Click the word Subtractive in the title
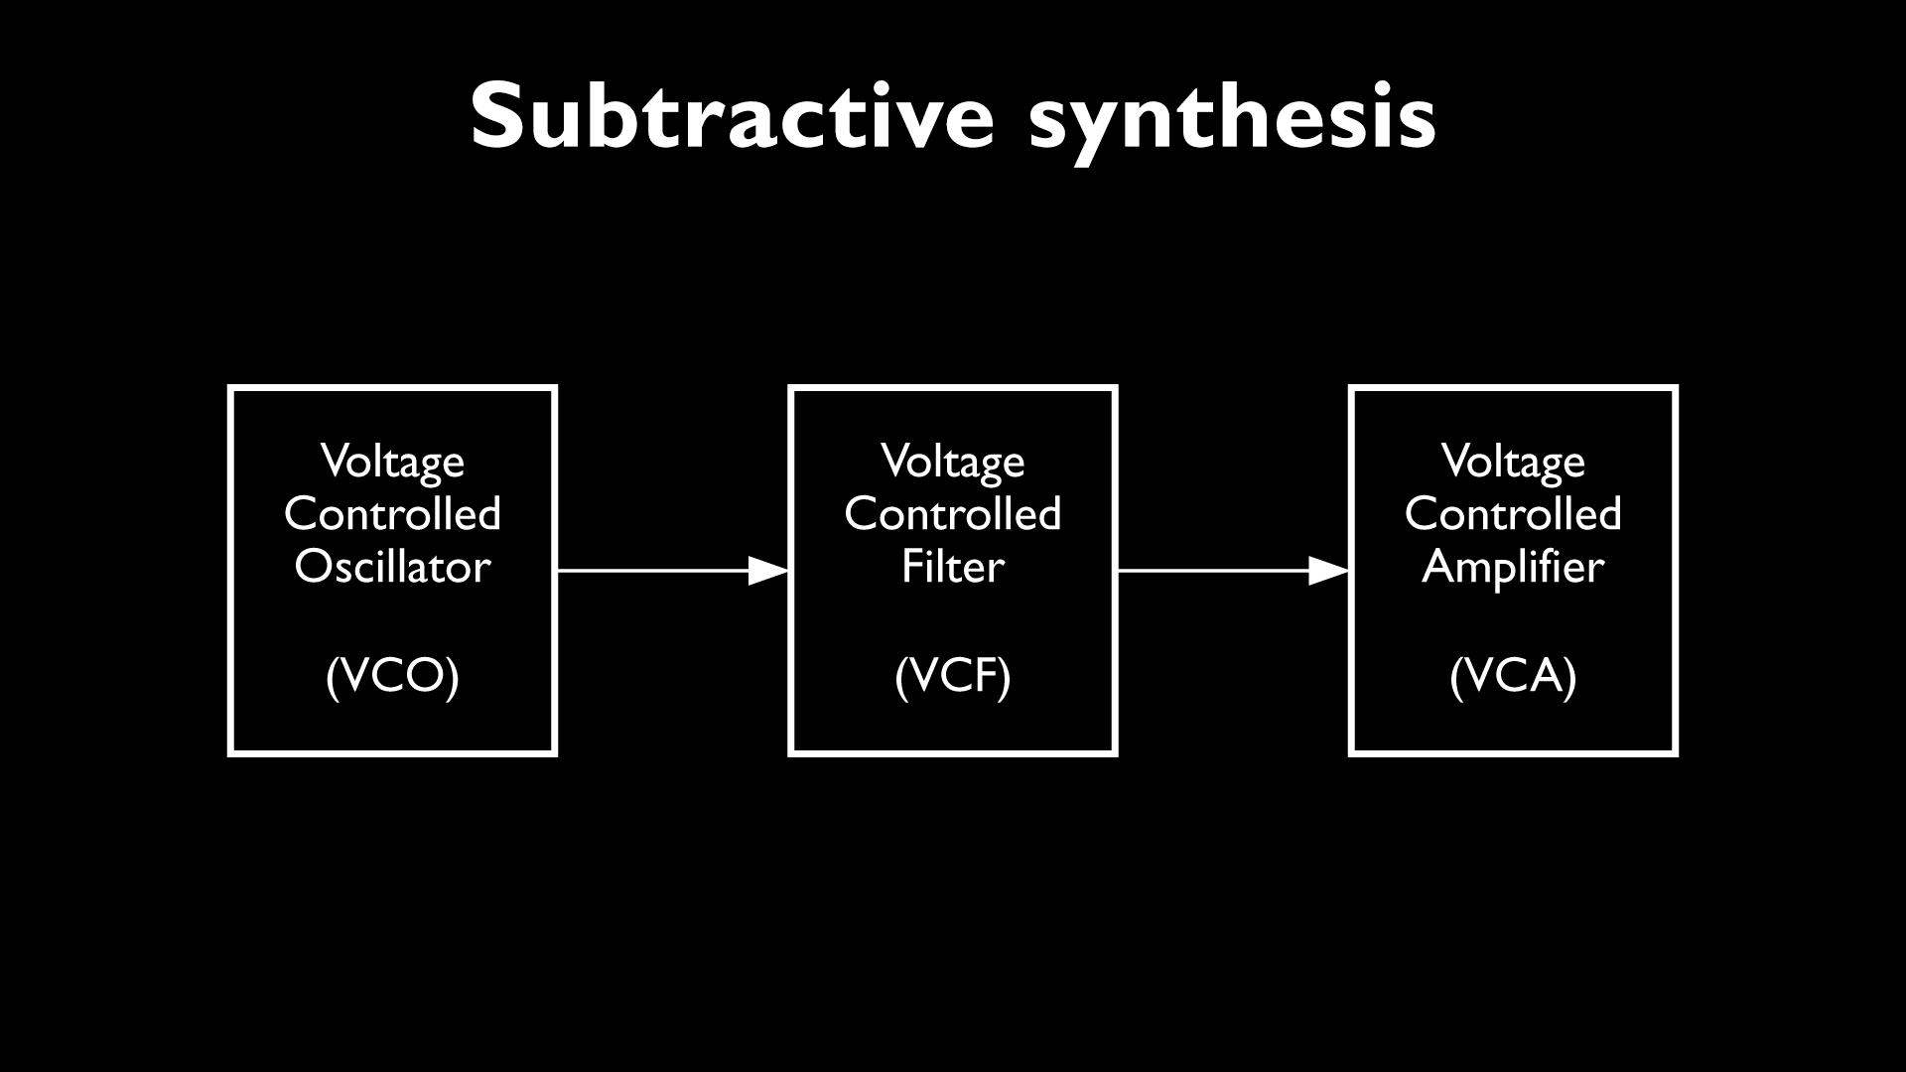[733, 116]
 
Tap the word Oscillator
[393, 567]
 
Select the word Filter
[953, 567]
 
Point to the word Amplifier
[1513, 567]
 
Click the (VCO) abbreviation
[393, 677]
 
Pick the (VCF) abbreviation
[953, 677]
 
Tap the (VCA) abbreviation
[1513, 677]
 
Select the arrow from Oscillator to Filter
[655, 571]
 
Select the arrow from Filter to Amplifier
[1216, 571]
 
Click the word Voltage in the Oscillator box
[393, 462]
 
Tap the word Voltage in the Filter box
[953, 462]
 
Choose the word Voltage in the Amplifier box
[1513, 462]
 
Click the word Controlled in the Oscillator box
[393, 514]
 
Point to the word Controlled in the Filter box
[953, 514]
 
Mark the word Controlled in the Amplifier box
[1513, 514]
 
